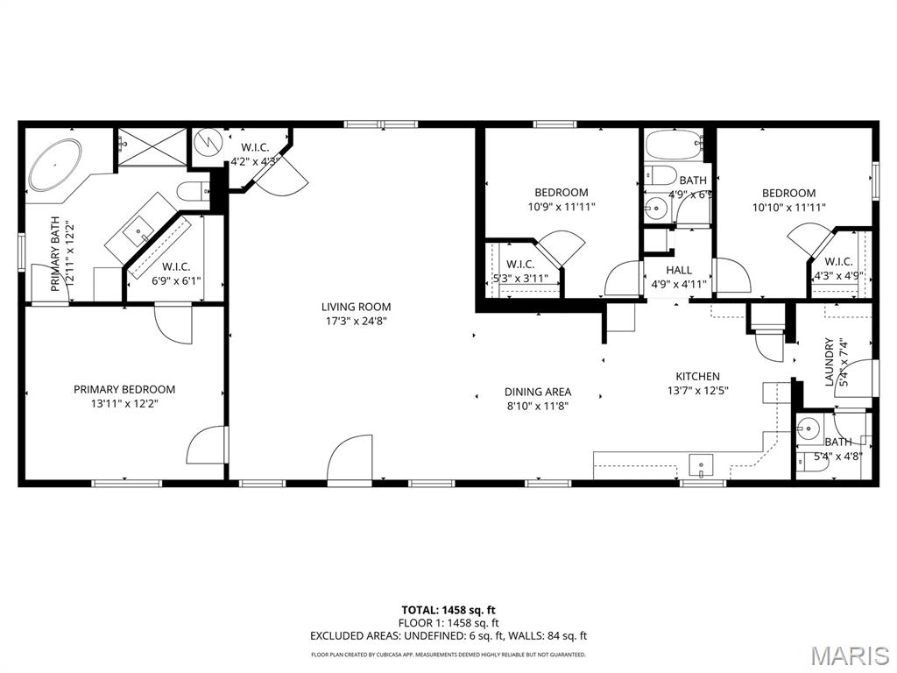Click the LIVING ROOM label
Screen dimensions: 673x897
pyautogui.click(x=356, y=307)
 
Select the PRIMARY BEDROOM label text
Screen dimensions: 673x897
pyautogui.click(x=124, y=389)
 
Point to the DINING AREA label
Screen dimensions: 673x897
pyautogui.click(x=537, y=392)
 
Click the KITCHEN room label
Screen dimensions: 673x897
pyautogui.click(x=697, y=376)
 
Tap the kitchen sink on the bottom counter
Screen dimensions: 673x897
pyautogui.click(x=702, y=463)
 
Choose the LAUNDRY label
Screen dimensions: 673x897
pyautogui.click(x=829, y=362)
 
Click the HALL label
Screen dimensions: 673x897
pyautogui.click(x=677, y=271)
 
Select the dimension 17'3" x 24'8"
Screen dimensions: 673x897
pyautogui.click(x=356, y=321)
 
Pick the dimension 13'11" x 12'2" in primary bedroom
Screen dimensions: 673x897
pyautogui.click(x=124, y=404)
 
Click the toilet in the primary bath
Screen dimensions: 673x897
pyautogui.click(x=190, y=190)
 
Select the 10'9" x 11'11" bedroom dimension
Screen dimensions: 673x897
pyautogui.click(x=561, y=208)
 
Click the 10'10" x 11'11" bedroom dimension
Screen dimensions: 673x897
pyautogui.click(x=788, y=208)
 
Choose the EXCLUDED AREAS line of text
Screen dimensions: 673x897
pyautogui.click(x=448, y=635)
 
